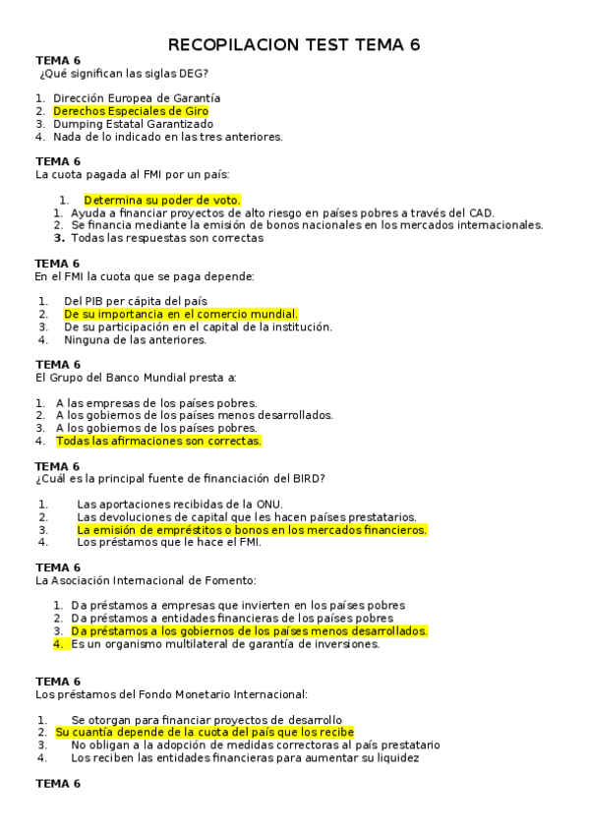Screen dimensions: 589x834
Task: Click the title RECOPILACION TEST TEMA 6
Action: [x=294, y=44]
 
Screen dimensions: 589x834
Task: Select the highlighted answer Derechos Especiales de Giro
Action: [x=131, y=111]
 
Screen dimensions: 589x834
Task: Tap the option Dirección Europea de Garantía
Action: [x=137, y=98]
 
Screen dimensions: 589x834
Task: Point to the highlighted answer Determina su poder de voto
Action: [x=161, y=200]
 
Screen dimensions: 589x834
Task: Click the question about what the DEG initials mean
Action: [x=124, y=74]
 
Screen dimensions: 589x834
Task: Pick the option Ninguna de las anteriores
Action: [x=135, y=340]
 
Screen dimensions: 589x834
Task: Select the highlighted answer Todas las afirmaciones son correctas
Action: [x=158, y=442]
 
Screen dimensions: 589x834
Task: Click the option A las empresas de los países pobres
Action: [x=156, y=402]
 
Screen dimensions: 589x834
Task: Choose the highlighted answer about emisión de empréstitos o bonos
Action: [x=252, y=530]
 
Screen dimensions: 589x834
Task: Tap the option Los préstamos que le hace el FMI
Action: [x=168, y=542]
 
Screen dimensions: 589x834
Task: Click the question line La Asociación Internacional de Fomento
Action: [x=146, y=580]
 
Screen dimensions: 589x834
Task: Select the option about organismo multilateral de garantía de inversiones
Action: [x=225, y=644]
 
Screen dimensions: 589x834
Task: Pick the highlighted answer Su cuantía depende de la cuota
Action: [x=205, y=733]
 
